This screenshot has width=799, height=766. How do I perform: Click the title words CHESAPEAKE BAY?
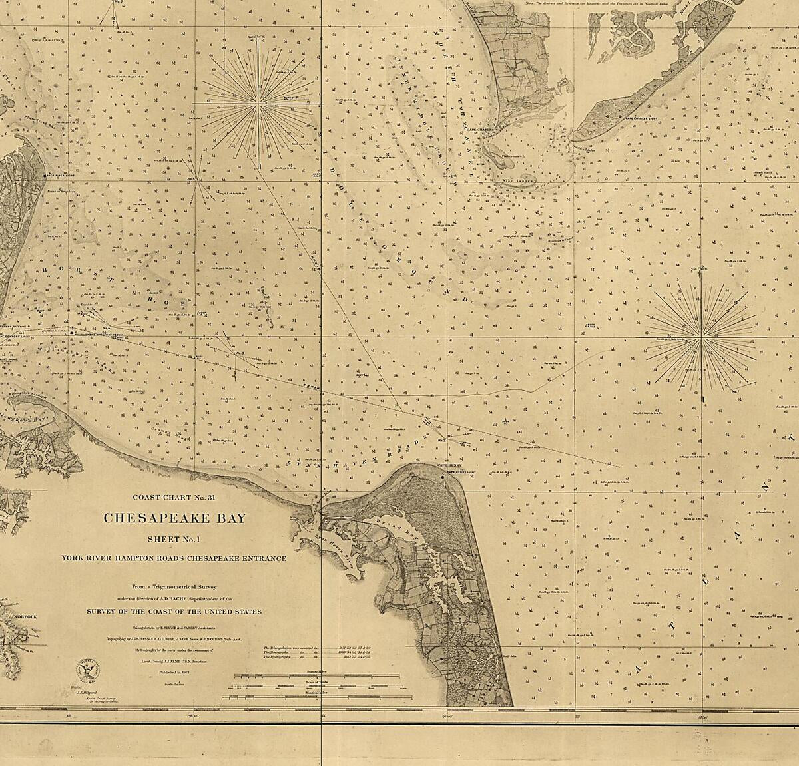[174, 518]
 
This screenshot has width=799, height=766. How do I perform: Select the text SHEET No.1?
[174, 539]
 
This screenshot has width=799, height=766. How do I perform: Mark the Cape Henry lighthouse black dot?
[443, 477]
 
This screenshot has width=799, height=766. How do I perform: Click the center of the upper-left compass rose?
[258, 104]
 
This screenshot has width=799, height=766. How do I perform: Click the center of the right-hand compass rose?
[701, 339]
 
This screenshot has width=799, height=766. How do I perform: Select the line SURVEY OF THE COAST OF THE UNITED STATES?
[174, 611]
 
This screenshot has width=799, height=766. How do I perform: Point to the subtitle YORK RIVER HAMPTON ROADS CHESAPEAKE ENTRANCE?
[174, 558]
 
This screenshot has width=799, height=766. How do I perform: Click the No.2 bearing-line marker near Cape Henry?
[441, 440]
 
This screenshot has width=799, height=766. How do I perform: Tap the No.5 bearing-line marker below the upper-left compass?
[192, 179]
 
